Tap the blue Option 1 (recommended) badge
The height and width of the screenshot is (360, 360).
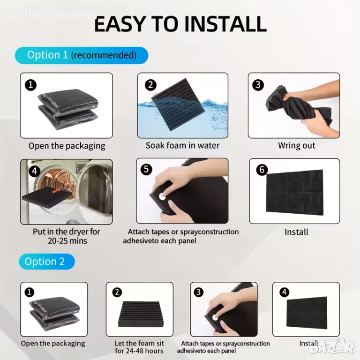82,55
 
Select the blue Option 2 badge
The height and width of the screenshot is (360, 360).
46,262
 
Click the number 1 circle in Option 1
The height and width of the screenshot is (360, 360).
31,85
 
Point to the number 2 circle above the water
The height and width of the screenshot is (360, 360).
150,85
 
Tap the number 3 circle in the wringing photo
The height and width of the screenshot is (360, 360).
258,85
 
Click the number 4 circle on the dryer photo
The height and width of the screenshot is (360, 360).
34,171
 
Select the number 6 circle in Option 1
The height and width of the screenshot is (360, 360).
262,170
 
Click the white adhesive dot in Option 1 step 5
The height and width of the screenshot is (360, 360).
162,196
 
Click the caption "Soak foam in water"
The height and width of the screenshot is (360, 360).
182,146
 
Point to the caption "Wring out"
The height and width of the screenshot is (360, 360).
297,146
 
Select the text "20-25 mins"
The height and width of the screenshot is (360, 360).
67,241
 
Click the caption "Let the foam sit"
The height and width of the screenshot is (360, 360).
139,343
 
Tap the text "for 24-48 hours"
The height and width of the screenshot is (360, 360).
139,351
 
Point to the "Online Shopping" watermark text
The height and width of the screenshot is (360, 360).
53,14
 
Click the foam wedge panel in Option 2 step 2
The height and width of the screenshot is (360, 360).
140,315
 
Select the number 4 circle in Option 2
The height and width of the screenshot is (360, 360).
284,292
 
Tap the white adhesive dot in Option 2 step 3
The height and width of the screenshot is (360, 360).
215,317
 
